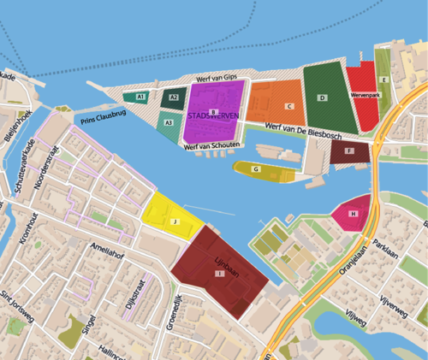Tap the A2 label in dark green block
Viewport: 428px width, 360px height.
pyautogui.click(x=173, y=97)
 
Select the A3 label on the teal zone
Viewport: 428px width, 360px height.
pyautogui.click(x=168, y=123)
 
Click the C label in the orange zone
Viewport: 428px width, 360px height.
pyautogui.click(x=290, y=106)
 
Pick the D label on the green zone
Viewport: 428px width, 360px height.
pyautogui.click(x=322, y=98)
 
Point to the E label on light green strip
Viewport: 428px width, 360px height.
pyautogui.click(x=385, y=80)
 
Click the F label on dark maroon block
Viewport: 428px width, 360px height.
pyautogui.click(x=348, y=151)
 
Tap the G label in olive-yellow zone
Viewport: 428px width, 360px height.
pyautogui.click(x=256, y=169)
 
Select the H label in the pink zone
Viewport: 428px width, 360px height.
pyautogui.click(x=354, y=212)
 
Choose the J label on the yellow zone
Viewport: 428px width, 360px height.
pyautogui.click(x=175, y=221)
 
